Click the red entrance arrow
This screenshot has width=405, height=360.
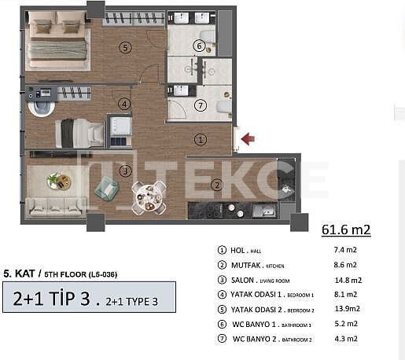coord(248,139)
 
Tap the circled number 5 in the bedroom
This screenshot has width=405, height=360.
coord(125,47)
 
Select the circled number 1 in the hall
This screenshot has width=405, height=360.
coord(201,140)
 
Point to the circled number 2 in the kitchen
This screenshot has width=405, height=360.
coord(216,186)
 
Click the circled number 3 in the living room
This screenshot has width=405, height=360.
coord(124,171)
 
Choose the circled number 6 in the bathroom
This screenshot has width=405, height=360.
coord(200,47)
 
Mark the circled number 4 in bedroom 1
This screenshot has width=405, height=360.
coord(123,104)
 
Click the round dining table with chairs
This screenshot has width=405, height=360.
coord(148,197)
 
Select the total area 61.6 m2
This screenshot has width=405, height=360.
coord(346,230)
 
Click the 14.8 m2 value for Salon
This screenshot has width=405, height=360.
coord(347,279)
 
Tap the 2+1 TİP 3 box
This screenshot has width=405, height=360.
coord(87,299)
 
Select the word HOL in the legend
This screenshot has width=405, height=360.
coord(238,249)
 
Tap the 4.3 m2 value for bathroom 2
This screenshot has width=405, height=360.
coord(346,339)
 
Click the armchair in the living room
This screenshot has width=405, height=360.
coord(106,189)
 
